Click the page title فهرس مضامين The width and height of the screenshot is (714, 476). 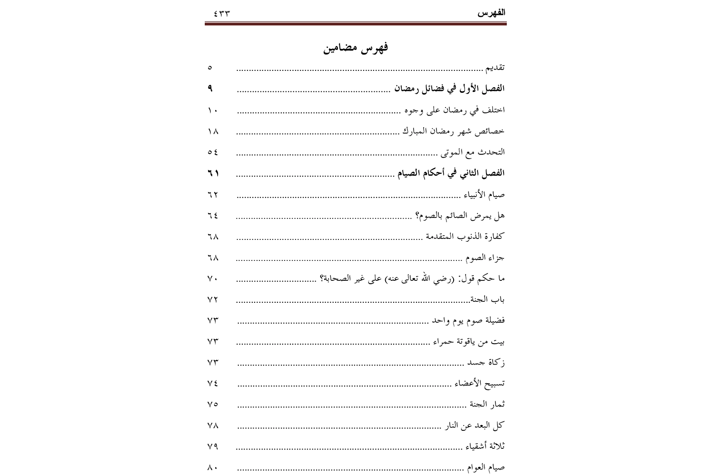356,48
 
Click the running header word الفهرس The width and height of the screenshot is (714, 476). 491,13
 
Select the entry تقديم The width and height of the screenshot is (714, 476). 495,68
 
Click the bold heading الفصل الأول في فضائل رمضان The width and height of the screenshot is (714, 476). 450,89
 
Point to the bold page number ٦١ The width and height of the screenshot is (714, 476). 213,173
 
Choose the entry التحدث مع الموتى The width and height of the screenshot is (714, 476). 471,152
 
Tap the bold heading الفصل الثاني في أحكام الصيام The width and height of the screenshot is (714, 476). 451,173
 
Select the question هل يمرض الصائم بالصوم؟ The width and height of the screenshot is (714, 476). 460,216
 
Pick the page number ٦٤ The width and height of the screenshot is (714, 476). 213,216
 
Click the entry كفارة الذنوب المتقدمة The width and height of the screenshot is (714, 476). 465,237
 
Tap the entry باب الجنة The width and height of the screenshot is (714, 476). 487,300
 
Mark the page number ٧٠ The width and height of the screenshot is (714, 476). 213,279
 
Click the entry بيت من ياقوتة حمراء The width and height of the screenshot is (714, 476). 469,342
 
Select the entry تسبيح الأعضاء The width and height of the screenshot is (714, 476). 477,384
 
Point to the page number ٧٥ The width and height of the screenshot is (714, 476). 213,405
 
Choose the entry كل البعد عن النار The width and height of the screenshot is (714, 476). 475,426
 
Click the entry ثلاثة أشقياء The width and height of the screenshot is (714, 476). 485,446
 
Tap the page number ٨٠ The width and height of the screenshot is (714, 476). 213,468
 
